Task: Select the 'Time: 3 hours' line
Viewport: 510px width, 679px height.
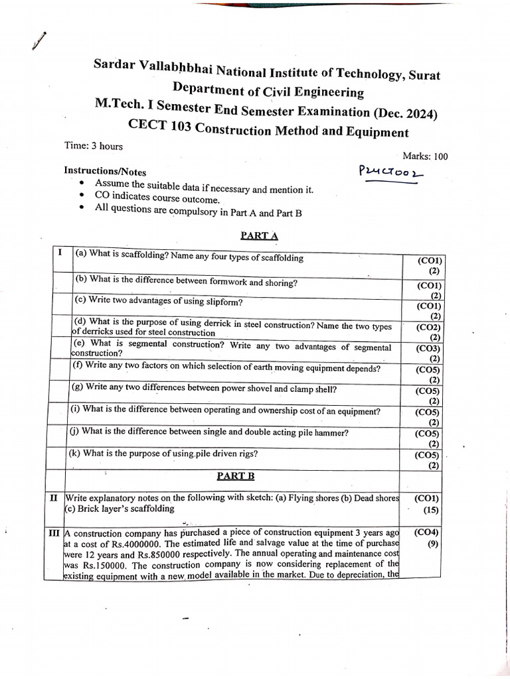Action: (x=94, y=146)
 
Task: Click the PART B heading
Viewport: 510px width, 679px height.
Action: (x=236, y=476)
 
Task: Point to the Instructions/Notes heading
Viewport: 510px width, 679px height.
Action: (x=105, y=170)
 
